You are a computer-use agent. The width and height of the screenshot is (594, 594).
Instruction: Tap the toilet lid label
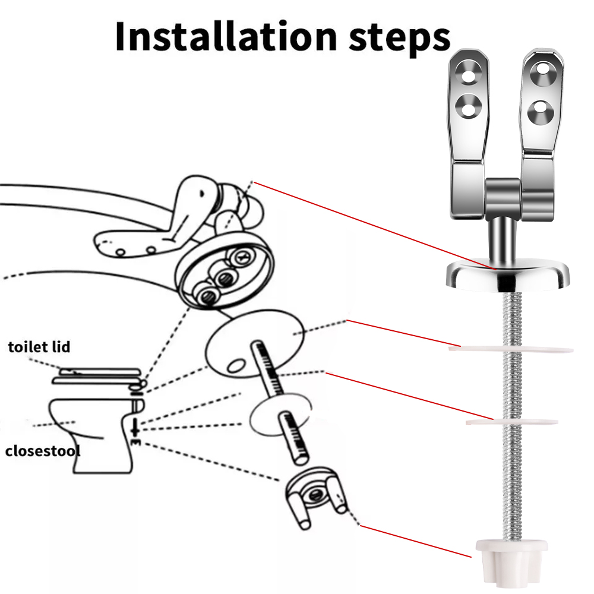click(x=39, y=347)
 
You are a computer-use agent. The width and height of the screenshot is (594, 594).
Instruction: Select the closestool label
click(x=42, y=451)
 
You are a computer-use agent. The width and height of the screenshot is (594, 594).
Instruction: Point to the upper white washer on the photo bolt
click(x=511, y=349)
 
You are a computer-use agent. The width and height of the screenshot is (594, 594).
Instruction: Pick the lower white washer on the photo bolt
click(x=512, y=421)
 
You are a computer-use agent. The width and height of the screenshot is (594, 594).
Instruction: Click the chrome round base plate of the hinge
click(x=508, y=276)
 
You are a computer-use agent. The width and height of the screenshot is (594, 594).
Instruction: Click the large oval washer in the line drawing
click(x=254, y=343)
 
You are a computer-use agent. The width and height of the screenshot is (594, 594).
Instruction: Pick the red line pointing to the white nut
click(x=416, y=541)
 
